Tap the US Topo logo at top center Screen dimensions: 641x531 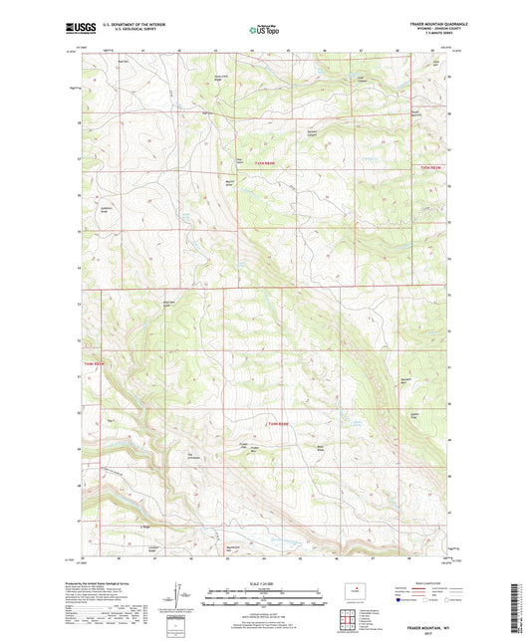(264, 31)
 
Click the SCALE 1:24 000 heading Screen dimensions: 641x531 (264, 584)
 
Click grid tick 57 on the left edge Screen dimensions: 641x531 (79, 156)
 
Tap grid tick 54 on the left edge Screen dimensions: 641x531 (79, 267)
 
